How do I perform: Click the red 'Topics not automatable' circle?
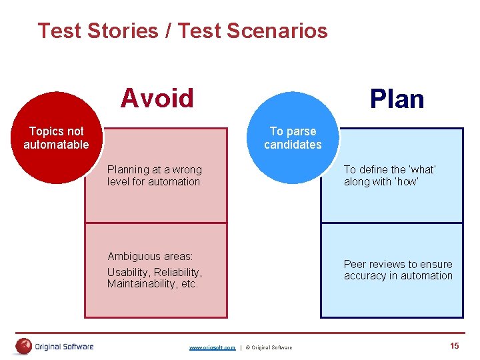coord(56,138)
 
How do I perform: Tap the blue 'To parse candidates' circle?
coord(293,138)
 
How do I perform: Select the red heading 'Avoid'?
coord(157,98)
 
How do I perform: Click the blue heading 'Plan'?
coord(397,99)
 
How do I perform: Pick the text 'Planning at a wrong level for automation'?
coord(154,176)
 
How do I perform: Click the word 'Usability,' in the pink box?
coord(128,272)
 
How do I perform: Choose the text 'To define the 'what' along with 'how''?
coord(389,176)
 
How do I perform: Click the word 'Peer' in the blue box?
coord(355,264)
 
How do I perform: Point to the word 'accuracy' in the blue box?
coord(364,275)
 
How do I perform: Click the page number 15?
coord(455,345)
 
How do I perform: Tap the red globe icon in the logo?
coord(24,346)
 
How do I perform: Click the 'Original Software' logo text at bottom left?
coord(64,347)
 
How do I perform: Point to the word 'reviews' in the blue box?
coord(388,264)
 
